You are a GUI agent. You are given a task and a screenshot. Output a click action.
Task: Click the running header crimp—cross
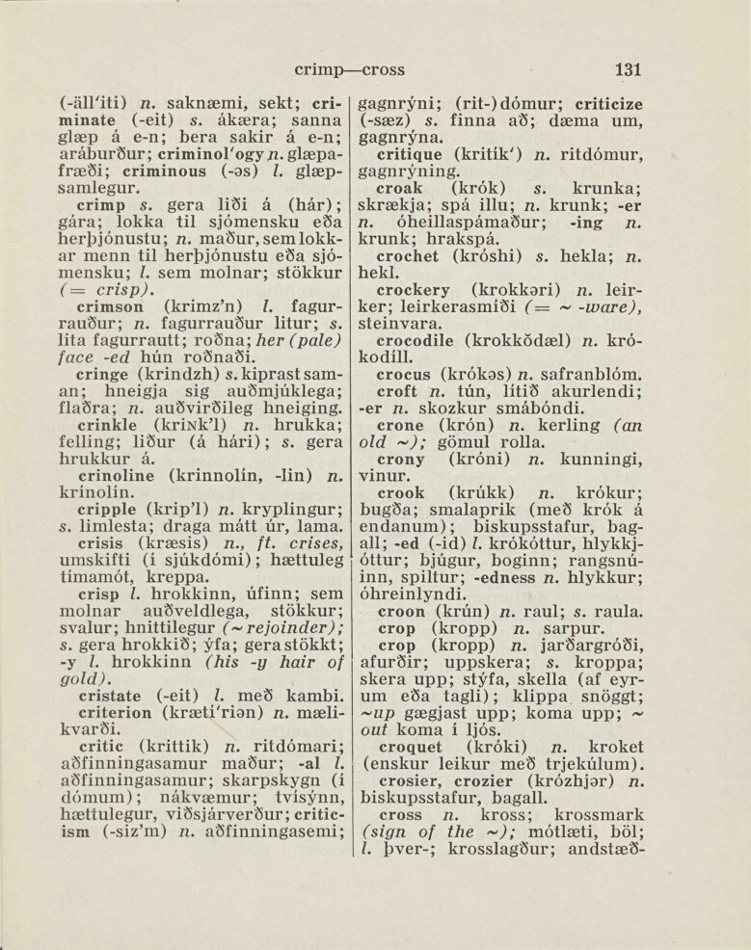click(349, 69)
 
